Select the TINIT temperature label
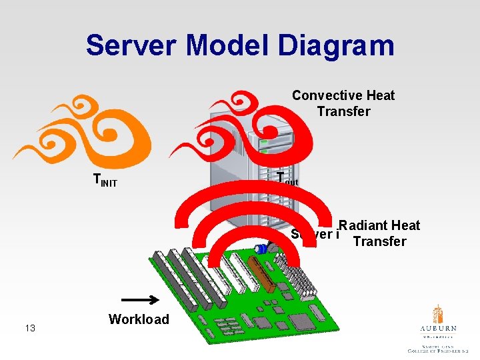[x=105, y=180]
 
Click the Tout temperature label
[x=287, y=177]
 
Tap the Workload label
[x=139, y=319]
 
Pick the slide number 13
[x=30, y=327]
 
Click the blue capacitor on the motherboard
[x=262, y=249]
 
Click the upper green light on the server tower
[x=264, y=143]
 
